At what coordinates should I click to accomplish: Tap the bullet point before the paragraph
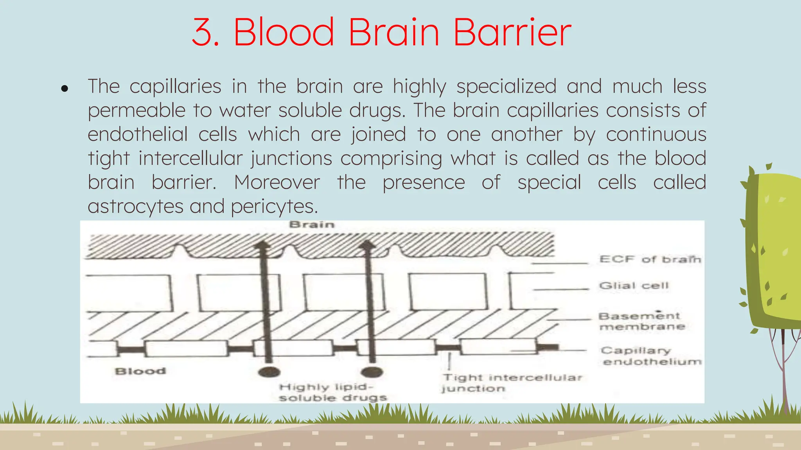65,89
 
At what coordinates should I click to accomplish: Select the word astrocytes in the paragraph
135,206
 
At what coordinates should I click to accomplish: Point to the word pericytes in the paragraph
274,206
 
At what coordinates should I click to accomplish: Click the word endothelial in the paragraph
138,134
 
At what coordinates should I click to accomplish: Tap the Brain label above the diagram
312,225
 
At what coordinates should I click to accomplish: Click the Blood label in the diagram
140,371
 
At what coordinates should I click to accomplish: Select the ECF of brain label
650,259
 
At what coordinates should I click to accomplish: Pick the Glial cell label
634,286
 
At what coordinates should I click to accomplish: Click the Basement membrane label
641,321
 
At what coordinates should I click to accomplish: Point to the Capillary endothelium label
651,356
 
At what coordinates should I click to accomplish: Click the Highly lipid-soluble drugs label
332,392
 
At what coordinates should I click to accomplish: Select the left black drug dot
269,371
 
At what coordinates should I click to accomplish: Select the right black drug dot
372,371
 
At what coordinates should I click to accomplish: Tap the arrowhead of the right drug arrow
367,245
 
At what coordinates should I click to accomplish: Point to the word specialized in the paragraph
506,86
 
